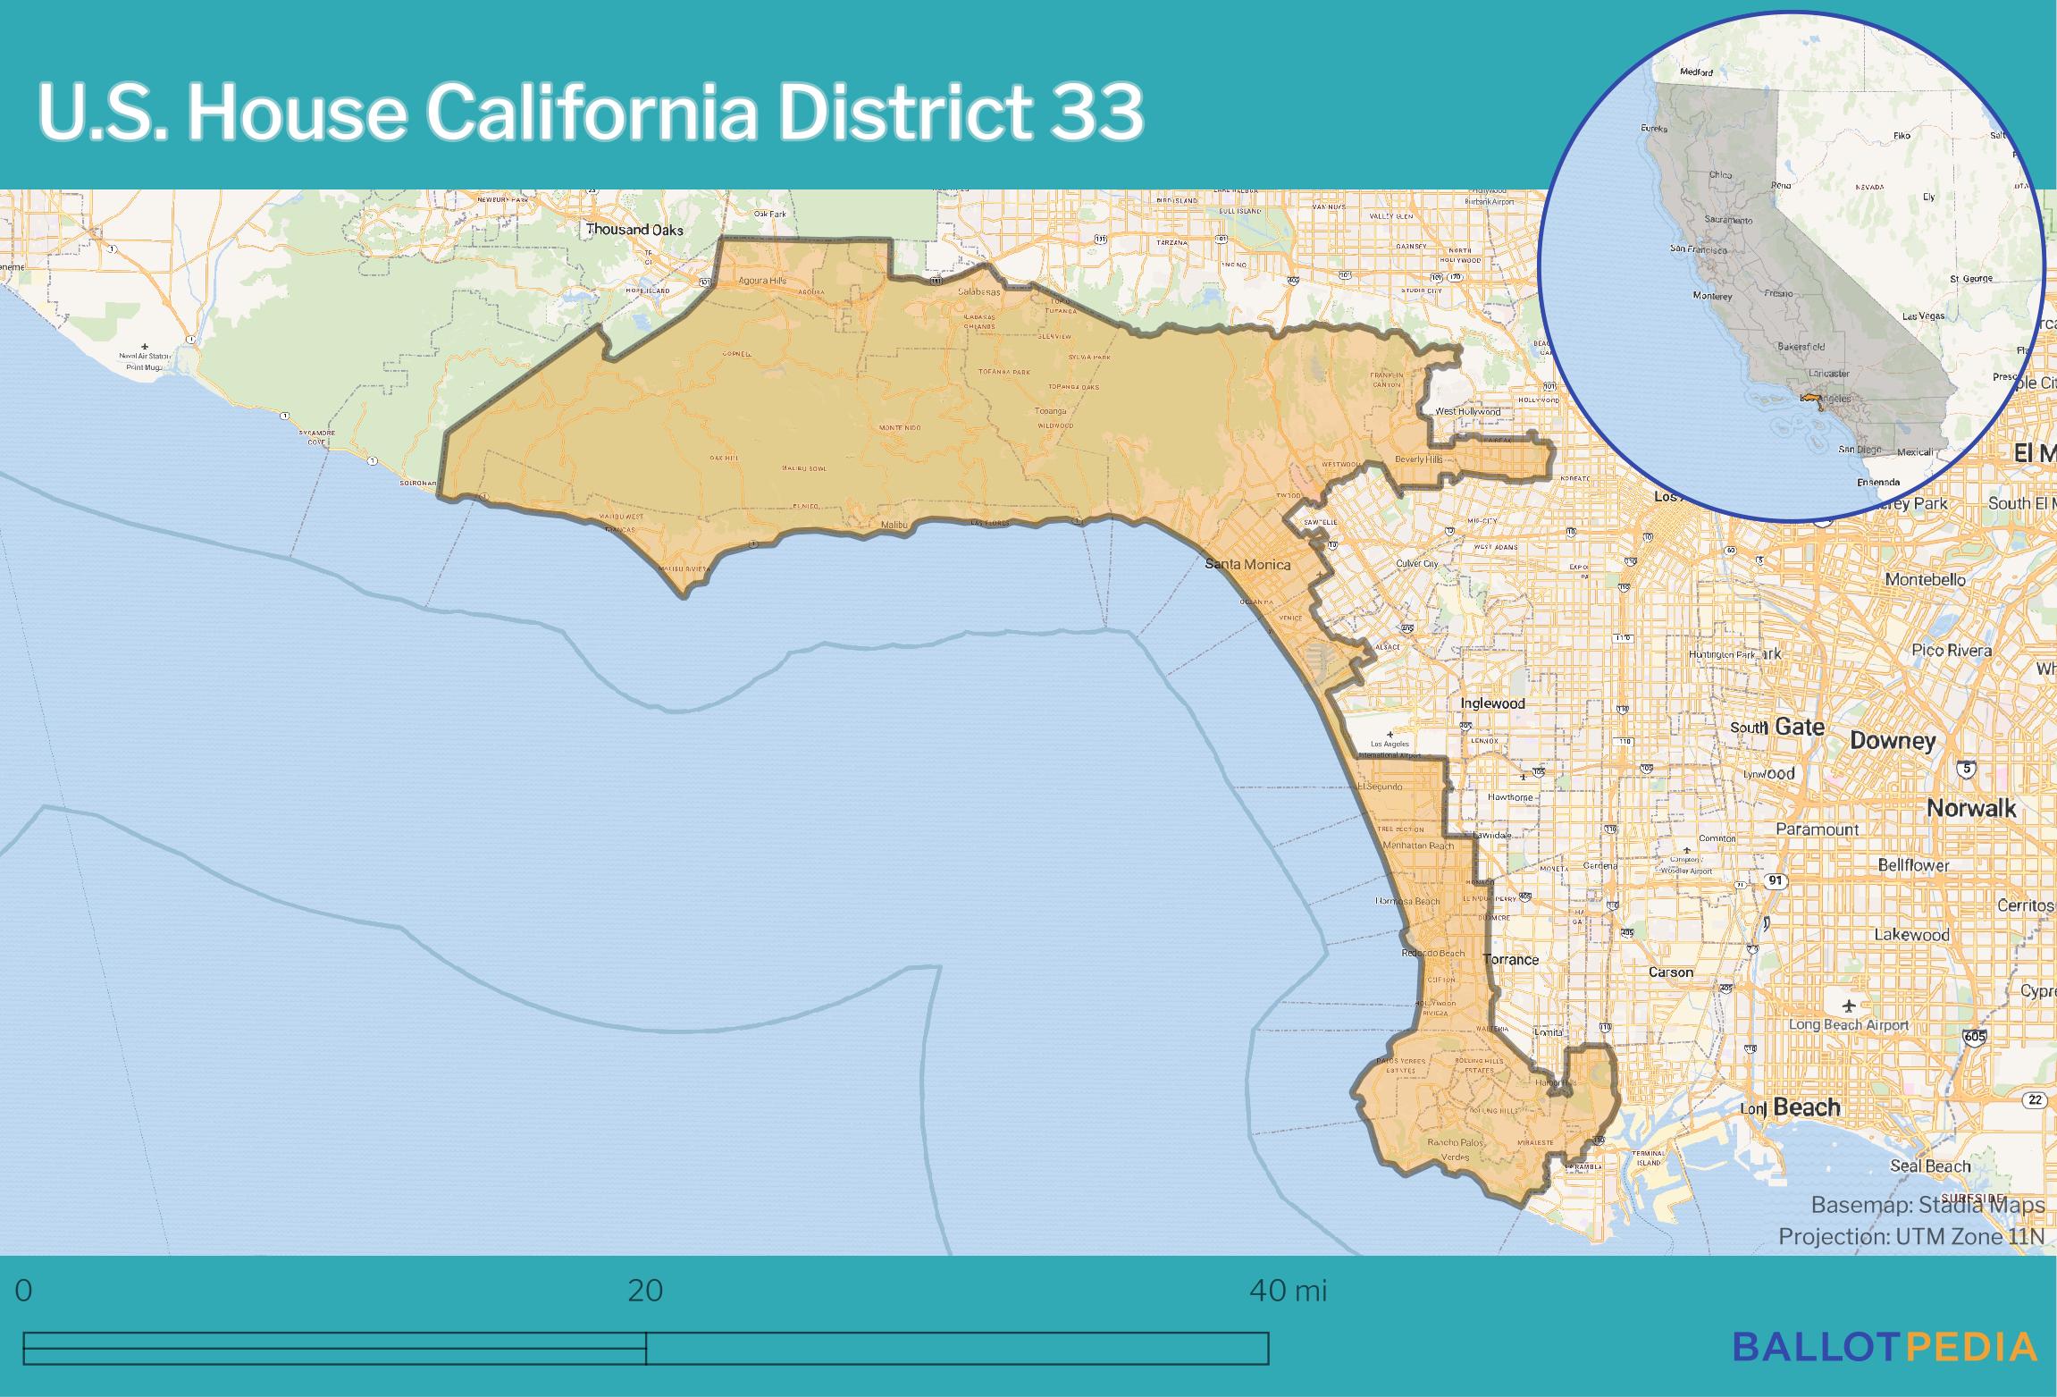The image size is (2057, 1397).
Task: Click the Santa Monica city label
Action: point(1247,564)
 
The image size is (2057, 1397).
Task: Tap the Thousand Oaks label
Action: point(634,230)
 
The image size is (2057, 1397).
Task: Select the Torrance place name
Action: point(1510,959)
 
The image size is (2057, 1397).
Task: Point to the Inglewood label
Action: point(1492,703)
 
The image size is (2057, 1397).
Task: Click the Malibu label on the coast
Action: point(894,525)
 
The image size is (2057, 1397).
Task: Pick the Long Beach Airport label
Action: point(1848,1025)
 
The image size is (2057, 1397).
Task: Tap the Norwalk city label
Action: point(1970,808)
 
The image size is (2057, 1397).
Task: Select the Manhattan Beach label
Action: point(1417,846)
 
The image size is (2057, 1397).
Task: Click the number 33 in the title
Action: point(1096,113)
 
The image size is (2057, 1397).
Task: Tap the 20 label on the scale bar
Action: point(645,1291)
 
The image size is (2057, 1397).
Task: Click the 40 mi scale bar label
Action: point(1288,1291)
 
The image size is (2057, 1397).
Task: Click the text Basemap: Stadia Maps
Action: point(1927,1205)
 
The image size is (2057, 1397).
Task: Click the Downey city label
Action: point(1893,740)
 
